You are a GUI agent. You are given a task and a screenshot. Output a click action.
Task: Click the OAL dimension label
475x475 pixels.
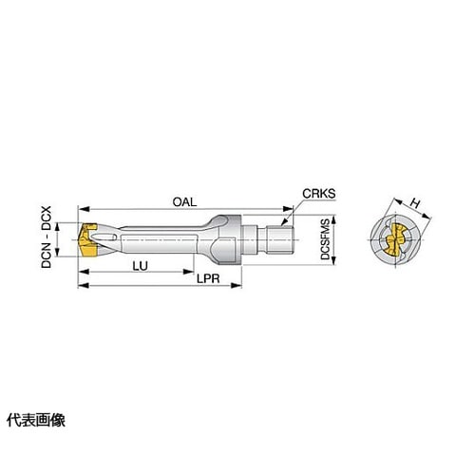coord(184,202)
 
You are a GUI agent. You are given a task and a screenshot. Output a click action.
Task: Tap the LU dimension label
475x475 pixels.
coord(141,266)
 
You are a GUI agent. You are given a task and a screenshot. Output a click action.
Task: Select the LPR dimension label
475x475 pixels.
coord(208,279)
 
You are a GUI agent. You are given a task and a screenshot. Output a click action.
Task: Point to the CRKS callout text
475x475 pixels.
coord(319,194)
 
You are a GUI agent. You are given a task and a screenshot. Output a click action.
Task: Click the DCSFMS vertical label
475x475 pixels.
coord(325,238)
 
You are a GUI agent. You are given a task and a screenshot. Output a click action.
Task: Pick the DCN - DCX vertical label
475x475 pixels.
coord(47,237)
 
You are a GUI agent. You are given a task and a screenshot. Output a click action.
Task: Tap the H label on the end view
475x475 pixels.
coord(415,203)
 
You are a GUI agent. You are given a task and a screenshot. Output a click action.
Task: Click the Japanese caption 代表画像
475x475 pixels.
coord(36,421)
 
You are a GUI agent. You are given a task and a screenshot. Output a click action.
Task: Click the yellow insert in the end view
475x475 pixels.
coord(394,239)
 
